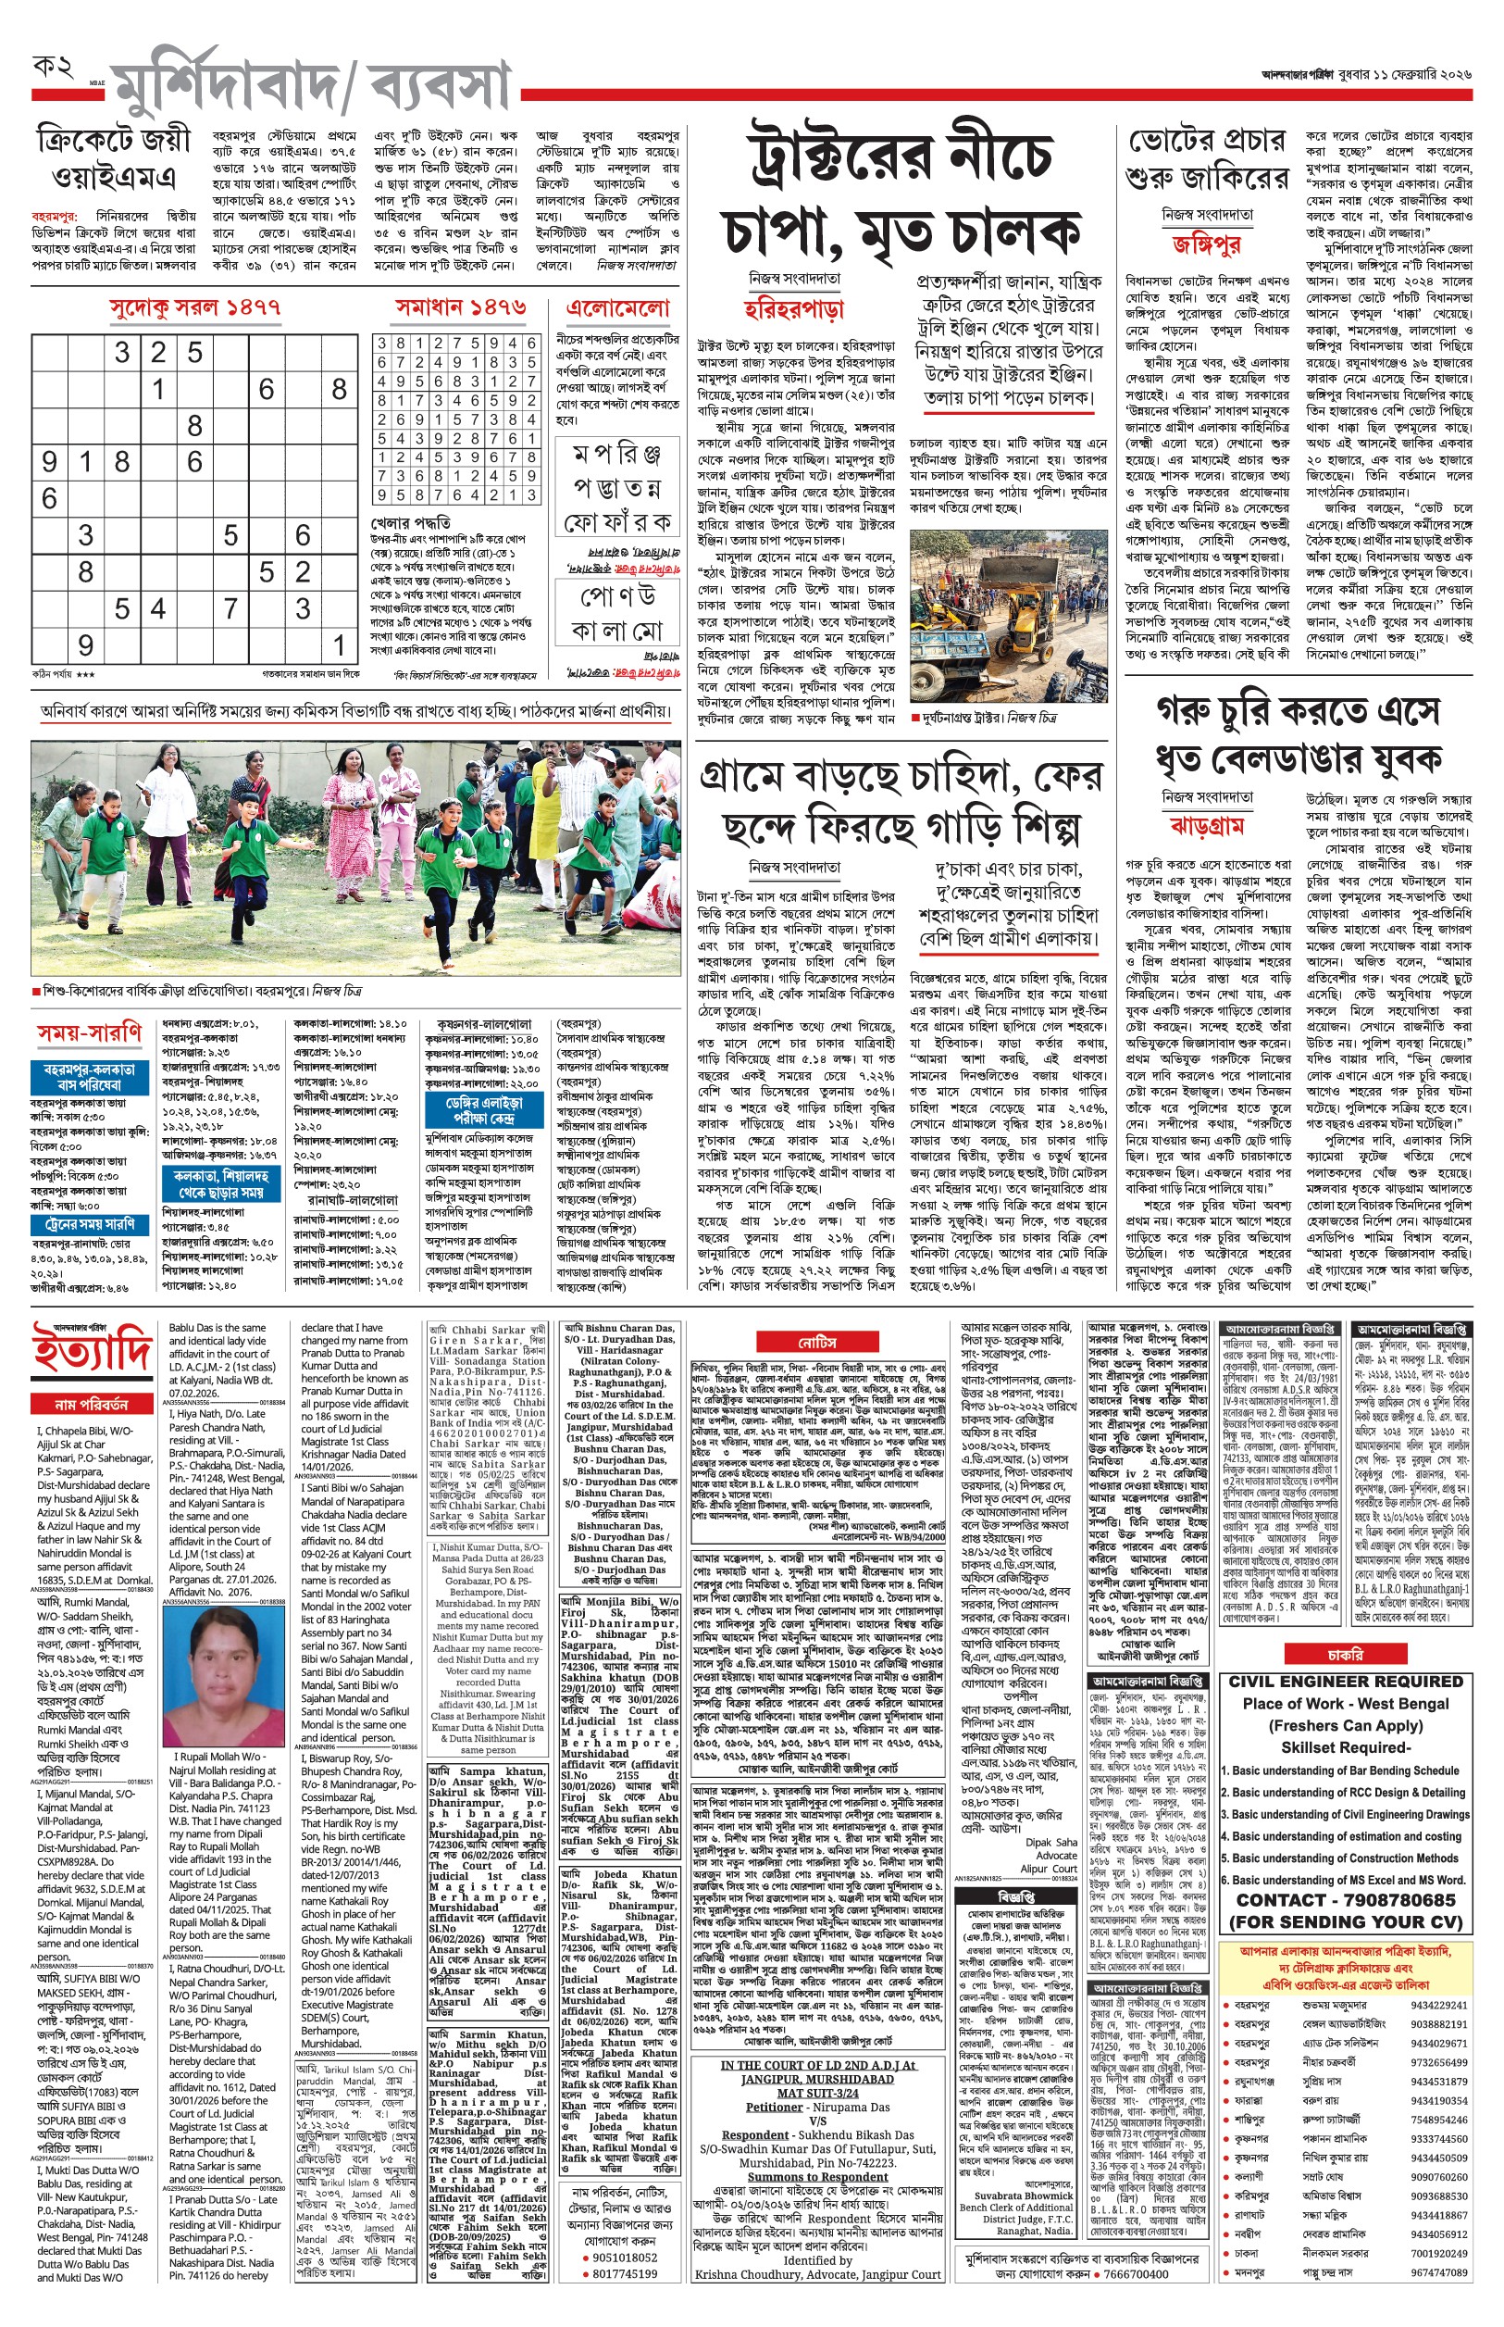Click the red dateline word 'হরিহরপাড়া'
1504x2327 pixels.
point(793,309)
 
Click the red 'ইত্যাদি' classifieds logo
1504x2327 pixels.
point(92,1351)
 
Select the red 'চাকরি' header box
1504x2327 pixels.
point(1345,1654)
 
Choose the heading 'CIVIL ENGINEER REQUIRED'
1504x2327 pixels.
point(1345,1682)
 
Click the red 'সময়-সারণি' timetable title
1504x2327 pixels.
point(91,1033)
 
